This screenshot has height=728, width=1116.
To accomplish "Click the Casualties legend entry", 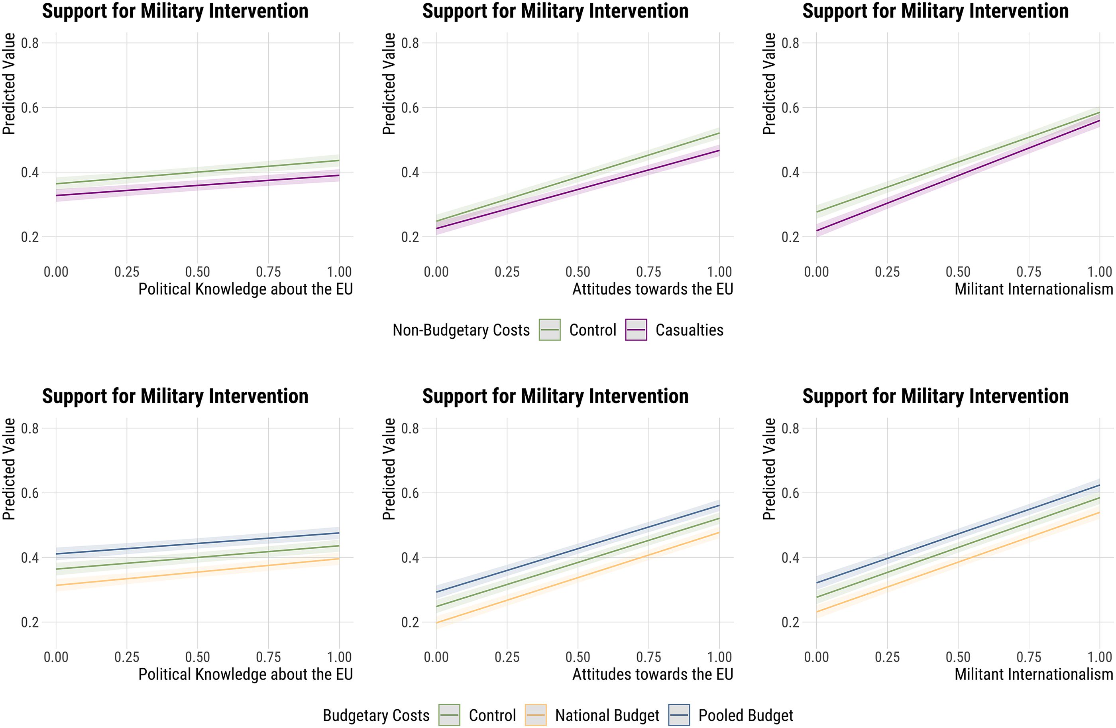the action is (674, 330).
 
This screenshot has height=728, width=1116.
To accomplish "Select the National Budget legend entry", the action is (592, 715).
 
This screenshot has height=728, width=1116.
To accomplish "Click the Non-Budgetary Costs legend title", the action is (461, 330).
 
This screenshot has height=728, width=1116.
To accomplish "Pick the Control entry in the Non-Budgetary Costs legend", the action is (578, 330).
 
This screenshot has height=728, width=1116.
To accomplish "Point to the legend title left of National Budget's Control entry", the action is (376, 716).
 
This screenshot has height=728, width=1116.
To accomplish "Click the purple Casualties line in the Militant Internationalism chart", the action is (958, 175).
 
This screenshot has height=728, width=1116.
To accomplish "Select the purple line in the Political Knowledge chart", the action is (197, 185).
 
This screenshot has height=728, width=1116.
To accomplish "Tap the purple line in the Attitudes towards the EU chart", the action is (578, 189).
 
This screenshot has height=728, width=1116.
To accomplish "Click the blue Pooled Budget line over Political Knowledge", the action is (197, 543).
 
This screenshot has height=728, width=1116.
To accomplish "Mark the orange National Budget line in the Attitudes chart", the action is (578, 577).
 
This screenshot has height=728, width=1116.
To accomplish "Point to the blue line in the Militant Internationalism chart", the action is (958, 534).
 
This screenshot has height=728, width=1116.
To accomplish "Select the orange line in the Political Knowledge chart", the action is (197, 572).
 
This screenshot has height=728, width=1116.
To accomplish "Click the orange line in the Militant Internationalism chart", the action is (958, 562).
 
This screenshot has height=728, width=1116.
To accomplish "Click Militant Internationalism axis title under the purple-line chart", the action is (1033, 289).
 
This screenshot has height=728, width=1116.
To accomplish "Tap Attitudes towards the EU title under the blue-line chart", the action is (653, 675).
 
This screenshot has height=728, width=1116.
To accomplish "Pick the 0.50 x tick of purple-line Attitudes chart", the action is (578, 272).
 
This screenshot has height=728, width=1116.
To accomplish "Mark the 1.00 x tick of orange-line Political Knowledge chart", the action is (339, 657).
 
